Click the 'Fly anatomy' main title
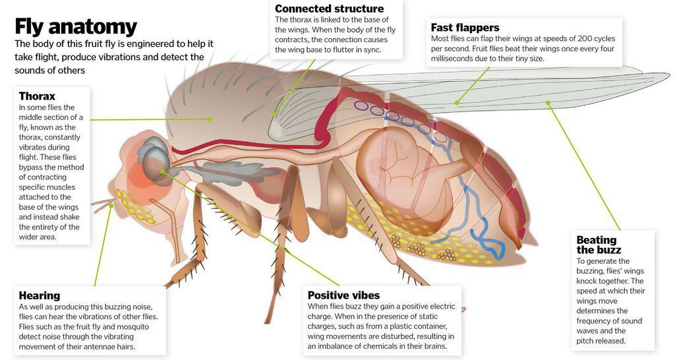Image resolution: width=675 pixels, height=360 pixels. pos(76,26)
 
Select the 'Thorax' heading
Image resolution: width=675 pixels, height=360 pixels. pos(37,96)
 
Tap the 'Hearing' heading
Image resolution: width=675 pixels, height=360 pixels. pos(40,295)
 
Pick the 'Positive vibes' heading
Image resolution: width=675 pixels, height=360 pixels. pos(343,295)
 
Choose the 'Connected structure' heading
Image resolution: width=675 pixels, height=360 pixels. pos(329,9)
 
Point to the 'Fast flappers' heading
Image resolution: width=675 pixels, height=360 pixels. pos(465,28)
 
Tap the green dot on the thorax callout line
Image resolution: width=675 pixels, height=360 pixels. pos(210,119)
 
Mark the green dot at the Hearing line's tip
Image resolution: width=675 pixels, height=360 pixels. pos(112,204)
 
